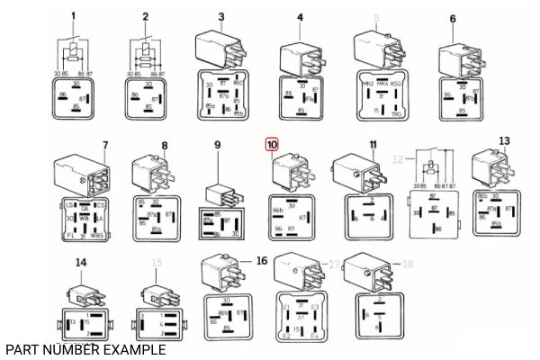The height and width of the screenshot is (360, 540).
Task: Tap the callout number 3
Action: (x=220, y=17)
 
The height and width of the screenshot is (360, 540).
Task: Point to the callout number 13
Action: (x=504, y=140)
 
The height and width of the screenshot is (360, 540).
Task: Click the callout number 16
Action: (x=262, y=260)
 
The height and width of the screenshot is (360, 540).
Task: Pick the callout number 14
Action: (x=82, y=262)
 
